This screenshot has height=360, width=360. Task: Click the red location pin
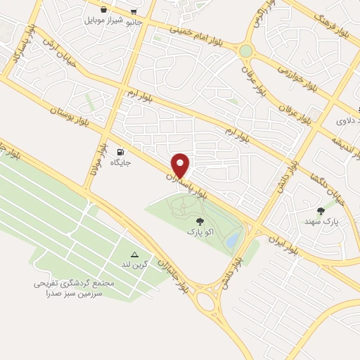(181, 165)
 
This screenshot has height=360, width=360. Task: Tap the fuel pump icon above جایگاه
(122, 152)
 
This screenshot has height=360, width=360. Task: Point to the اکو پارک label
(198, 230)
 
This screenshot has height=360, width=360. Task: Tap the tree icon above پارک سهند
(321, 210)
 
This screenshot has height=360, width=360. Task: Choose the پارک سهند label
(325, 221)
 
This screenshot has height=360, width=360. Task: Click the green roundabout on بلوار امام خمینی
(245, 51)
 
